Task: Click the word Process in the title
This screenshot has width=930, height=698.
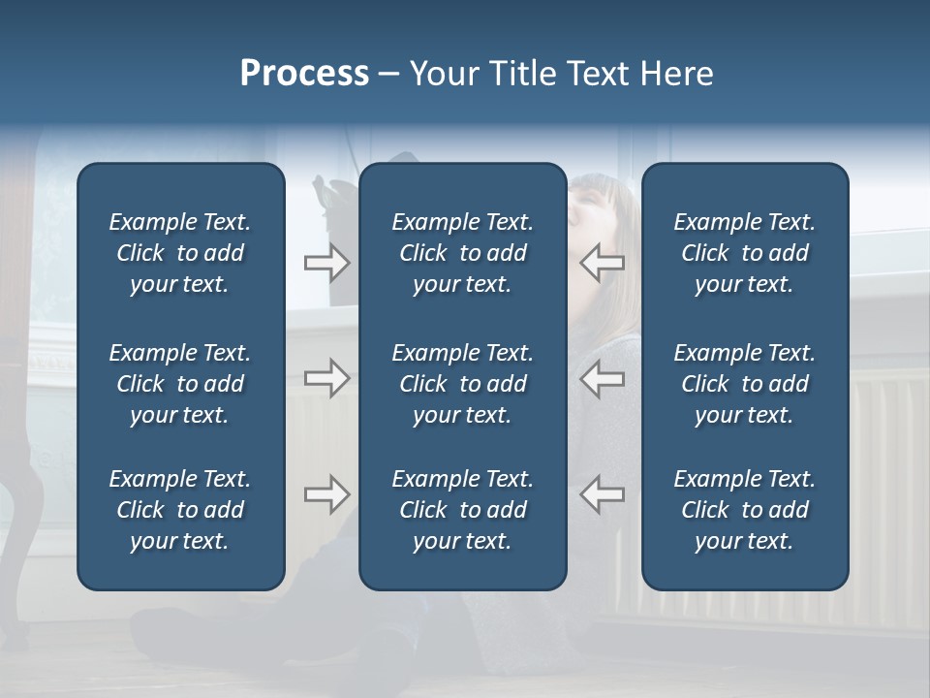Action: click(x=304, y=74)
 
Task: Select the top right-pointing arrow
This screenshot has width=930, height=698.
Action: click(x=326, y=262)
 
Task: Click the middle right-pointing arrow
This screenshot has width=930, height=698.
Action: click(x=326, y=378)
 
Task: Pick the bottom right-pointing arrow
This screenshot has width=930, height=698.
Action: click(x=326, y=494)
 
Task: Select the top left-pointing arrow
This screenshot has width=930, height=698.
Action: click(x=603, y=262)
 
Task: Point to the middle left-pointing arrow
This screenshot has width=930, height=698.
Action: click(x=603, y=378)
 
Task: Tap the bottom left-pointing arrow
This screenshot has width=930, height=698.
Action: click(x=603, y=494)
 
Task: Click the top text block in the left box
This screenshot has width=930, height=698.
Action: click(x=180, y=253)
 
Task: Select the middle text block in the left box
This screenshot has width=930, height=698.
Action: click(x=180, y=384)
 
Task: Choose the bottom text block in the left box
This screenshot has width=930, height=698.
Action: click(x=180, y=510)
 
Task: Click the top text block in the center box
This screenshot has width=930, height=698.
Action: click(x=462, y=253)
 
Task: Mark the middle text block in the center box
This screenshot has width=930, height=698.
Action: click(x=462, y=384)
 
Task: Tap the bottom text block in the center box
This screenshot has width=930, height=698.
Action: click(x=462, y=510)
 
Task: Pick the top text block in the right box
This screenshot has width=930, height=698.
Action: click(x=745, y=253)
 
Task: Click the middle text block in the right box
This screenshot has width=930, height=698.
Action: click(x=745, y=384)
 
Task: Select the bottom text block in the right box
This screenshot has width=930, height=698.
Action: click(x=745, y=510)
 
